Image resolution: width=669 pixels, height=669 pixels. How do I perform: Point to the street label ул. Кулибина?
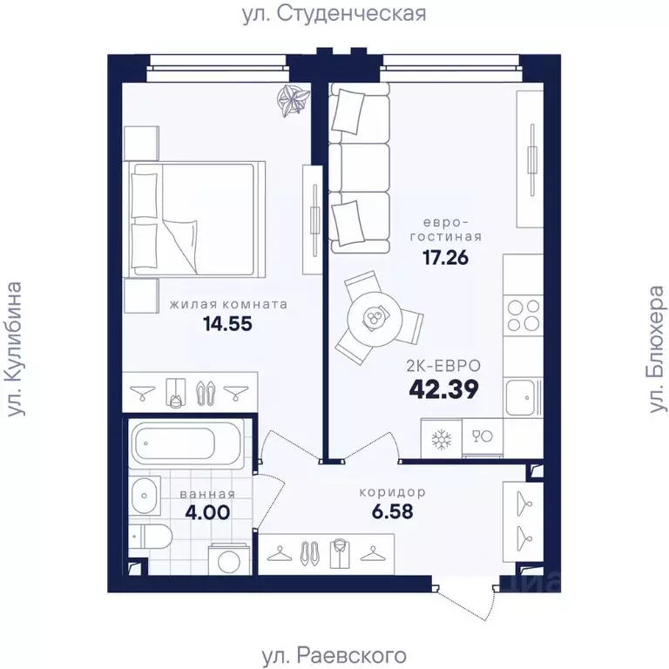(15, 348)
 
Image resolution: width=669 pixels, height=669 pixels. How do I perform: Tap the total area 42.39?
(444, 389)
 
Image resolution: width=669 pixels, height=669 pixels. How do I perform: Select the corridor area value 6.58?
(391, 510)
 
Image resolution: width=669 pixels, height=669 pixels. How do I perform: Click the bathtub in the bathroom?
(186, 444)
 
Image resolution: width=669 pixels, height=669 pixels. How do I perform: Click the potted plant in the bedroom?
(291, 101)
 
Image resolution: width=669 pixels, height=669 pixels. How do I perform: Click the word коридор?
(392, 491)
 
